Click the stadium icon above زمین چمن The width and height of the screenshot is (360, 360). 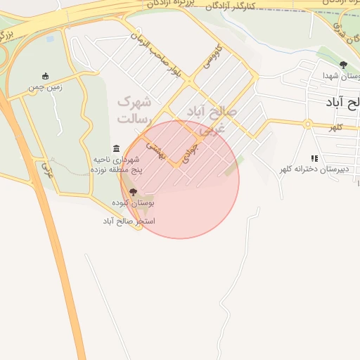(x=46, y=77)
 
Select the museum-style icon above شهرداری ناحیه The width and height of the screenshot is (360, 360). (x=116, y=148)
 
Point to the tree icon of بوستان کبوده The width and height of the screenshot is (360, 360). (x=134, y=191)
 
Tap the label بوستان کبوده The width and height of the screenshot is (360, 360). (x=133, y=202)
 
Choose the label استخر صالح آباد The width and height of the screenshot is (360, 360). (x=129, y=221)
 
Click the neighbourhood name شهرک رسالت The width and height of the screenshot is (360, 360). (x=134, y=110)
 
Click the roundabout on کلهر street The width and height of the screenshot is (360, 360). (x=307, y=124)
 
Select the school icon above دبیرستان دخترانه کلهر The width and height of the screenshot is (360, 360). (x=314, y=158)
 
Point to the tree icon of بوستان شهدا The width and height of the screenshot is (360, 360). (x=343, y=65)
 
